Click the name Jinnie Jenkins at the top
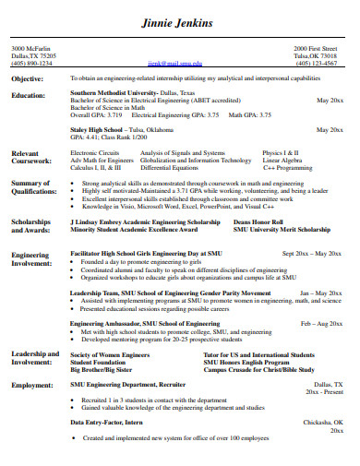coord(180,23)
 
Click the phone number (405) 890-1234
coord(31,63)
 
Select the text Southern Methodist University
coord(108,93)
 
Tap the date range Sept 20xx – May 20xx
coord(314,252)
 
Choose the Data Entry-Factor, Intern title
coord(107,421)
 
